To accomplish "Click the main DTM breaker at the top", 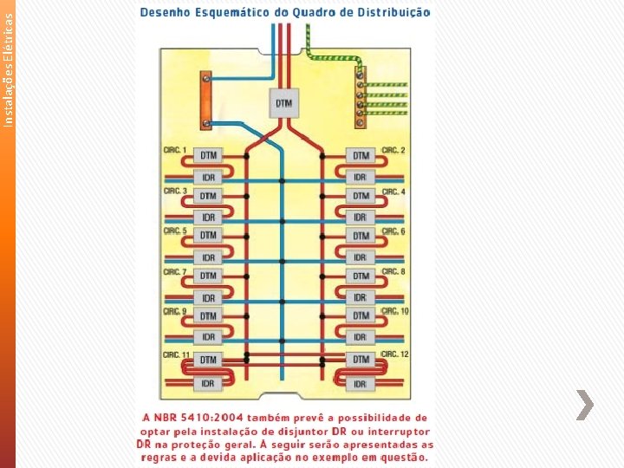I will click(283, 103).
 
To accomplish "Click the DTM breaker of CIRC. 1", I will click(208, 155).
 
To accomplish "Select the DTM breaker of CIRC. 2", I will click(361, 156).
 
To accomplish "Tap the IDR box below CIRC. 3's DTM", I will click(208, 217).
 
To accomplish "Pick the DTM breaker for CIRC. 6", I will click(361, 236).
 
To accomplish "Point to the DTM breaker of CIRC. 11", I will click(208, 359).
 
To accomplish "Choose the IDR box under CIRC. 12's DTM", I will click(361, 383).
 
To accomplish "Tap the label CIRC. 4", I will click(393, 191).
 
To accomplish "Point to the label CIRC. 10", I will click(395, 311).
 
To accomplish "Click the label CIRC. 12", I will click(395, 354).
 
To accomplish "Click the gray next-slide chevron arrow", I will click(586, 405).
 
